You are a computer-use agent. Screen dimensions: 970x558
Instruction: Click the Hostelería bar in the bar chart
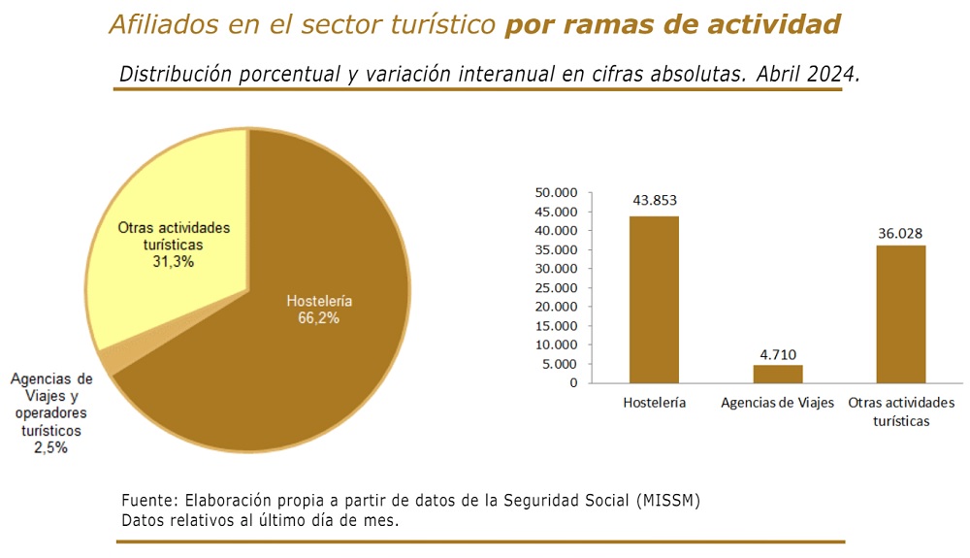pos(654,300)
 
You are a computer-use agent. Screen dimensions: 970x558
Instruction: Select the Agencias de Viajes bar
pos(778,374)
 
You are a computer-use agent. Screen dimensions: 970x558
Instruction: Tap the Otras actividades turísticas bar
pos(901,314)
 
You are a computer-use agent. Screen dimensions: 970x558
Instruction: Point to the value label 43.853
pos(655,201)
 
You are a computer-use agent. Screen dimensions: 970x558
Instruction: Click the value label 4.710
pos(778,354)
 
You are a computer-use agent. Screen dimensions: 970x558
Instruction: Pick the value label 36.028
pos(900,233)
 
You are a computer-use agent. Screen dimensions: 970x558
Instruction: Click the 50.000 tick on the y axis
pos(556,192)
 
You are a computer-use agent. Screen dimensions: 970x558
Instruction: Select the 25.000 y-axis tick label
pos(556,287)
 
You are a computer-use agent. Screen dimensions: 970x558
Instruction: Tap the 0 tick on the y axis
pos(573,383)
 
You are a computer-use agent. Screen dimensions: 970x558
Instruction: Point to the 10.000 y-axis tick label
pos(556,345)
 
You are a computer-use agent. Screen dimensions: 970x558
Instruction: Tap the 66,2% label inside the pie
pos(318,318)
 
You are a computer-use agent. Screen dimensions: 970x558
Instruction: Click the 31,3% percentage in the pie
pos(174,262)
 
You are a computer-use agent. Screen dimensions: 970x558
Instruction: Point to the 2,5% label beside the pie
pos(50,447)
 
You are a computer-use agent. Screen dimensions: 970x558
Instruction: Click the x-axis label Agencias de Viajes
pos(777,403)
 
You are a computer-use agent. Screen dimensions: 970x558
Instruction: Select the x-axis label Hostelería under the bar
pos(654,403)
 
